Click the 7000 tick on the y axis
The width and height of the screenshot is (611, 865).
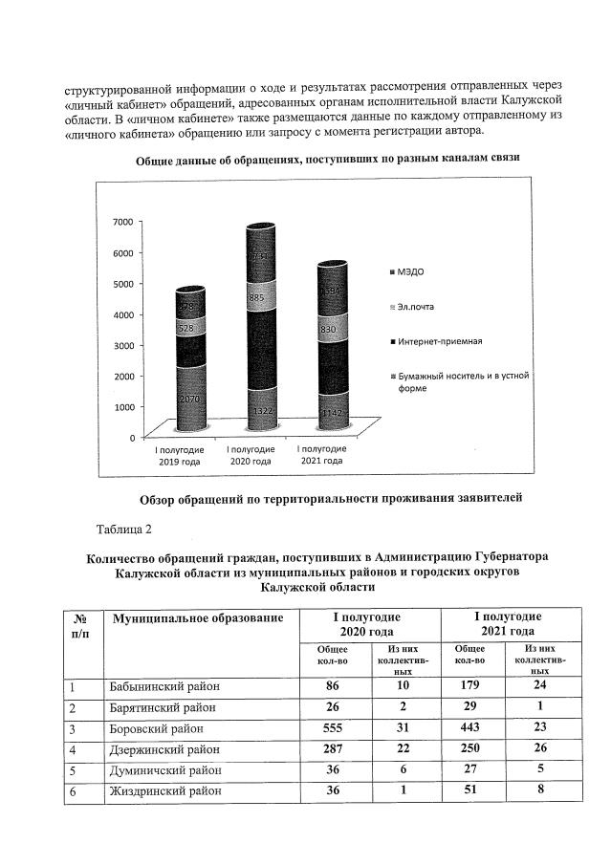122,222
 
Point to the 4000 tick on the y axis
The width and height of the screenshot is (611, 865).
122,314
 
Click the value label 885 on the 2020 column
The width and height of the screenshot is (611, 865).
255,297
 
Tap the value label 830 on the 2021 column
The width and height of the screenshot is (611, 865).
327,329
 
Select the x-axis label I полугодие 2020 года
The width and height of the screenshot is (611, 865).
252,455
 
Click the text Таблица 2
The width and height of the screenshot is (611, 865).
123,529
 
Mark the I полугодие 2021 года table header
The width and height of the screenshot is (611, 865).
508,624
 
